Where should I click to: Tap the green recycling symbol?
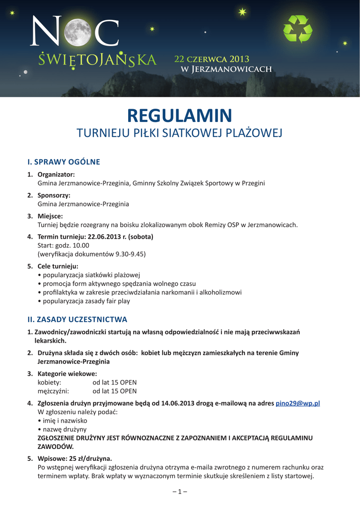click(x=297, y=29)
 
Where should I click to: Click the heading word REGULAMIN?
click(x=179, y=116)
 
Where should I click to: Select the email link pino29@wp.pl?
click(x=297, y=403)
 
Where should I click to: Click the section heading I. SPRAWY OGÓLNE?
click(x=64, y=162)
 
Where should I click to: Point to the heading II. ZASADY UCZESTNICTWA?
click(x=77, y=319)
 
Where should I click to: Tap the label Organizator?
click(x=56, y=175)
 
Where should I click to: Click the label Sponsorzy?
click(x=54, y=195)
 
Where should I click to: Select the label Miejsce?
click(x=50, y=216)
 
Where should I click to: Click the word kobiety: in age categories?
click(x=49, y=382)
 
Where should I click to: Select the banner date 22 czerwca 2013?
click(x=212, y=60)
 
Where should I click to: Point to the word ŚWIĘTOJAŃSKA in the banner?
click(x=97, y=60)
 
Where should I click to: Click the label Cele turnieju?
click(x=58, y=266)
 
